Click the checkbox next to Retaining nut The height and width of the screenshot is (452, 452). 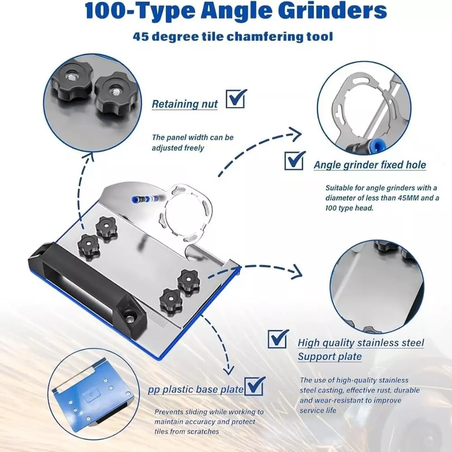[x=235, y=99]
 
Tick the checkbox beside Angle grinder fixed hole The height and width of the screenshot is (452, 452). [x=294, y=160]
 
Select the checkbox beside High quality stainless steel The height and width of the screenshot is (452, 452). [x=278, y=339]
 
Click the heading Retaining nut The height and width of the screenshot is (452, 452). [x=184, y=104]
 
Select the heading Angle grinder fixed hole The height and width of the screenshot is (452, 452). [x=370, y=165]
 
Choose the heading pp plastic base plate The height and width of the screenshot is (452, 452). [x=195, y=390]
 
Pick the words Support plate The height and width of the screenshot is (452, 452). [x=330, y=357]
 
